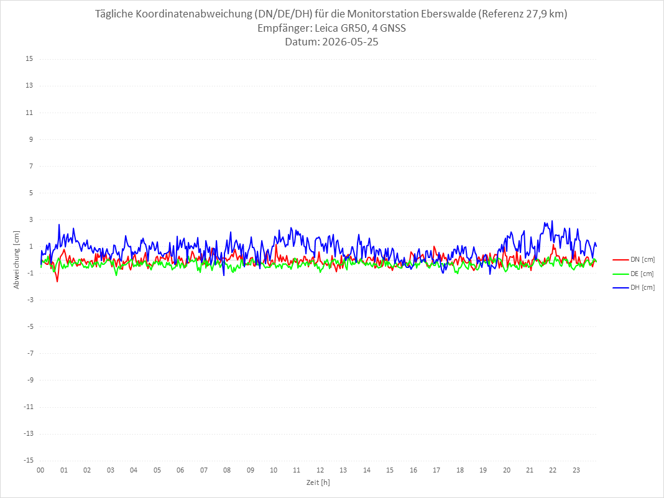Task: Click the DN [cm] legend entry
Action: point(634,260)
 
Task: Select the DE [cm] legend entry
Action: point(634,274)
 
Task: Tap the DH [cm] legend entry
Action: point(634,287)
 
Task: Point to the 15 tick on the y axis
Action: point(29,59)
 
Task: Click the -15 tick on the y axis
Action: point(29,460)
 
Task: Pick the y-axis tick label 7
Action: point(31,166)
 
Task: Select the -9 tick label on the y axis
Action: point(30,380)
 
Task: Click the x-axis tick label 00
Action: point(40,470)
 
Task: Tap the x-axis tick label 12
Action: point(320,470)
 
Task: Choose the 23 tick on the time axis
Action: point(576,470)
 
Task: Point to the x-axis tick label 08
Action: point(227,470)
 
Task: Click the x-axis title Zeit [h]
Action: point(318,482)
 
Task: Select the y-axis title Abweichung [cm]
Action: point(17,260)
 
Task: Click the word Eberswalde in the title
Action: point(448,14)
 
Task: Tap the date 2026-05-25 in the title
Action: point(350,42)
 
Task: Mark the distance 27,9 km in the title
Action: point(545,14)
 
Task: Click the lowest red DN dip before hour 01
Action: point(57,282)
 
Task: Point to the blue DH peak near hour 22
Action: point(552,221)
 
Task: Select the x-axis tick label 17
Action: point(436,470)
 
